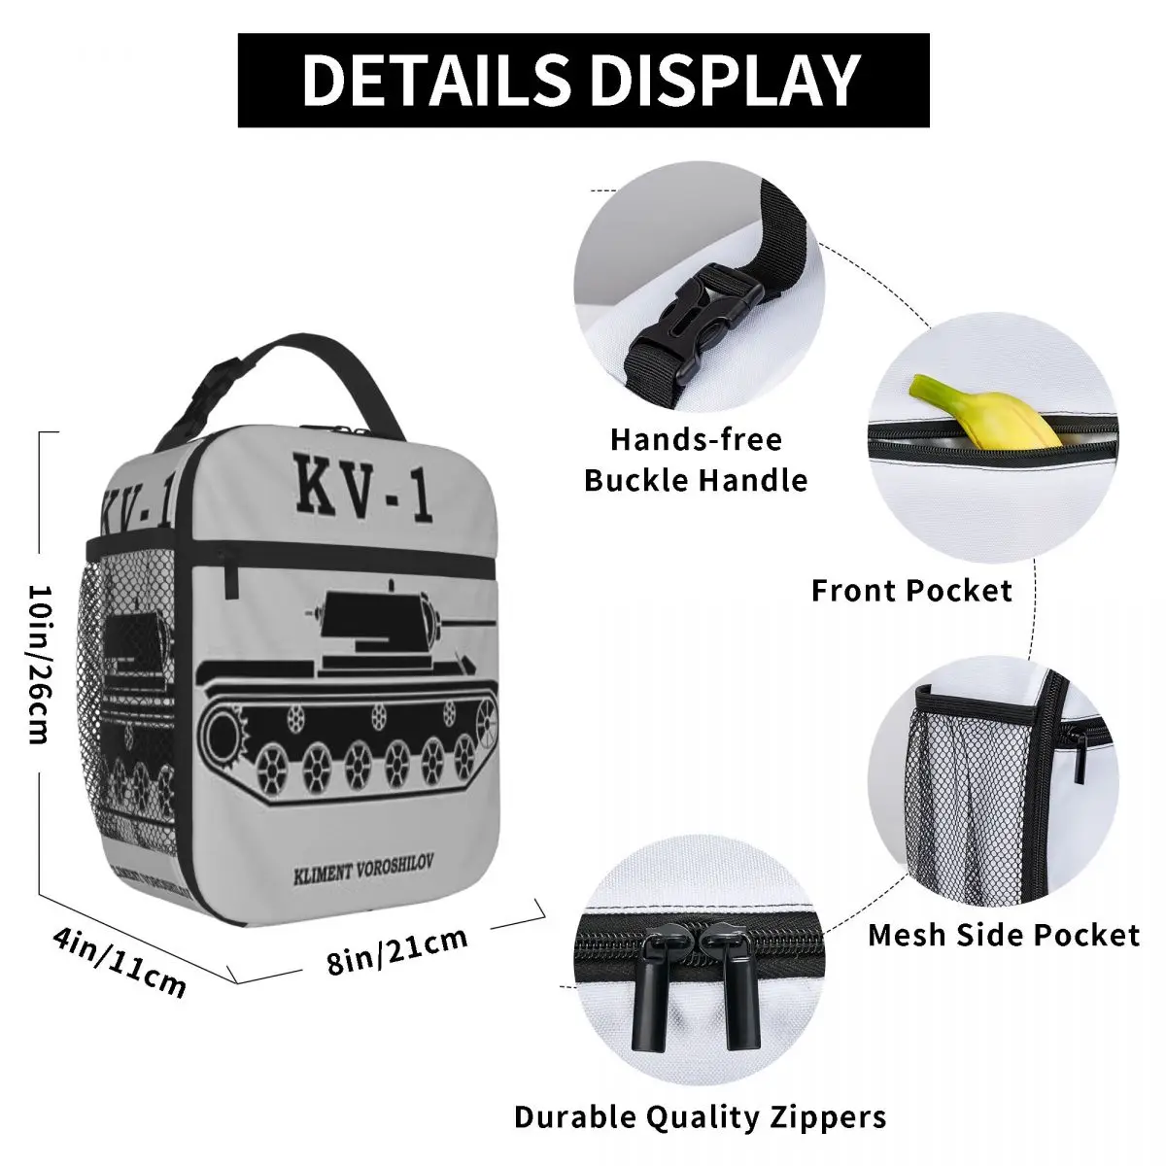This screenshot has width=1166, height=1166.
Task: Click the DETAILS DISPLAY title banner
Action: coord(583,80)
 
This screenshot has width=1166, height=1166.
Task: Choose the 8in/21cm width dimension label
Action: coord(397,950)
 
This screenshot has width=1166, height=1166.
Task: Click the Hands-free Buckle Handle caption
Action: coord(697,460)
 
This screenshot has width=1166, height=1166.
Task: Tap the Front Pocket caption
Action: coord(911,590)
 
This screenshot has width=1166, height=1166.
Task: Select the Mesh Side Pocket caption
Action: coord(1003,935)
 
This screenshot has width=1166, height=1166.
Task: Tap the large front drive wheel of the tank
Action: coord(223,729)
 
